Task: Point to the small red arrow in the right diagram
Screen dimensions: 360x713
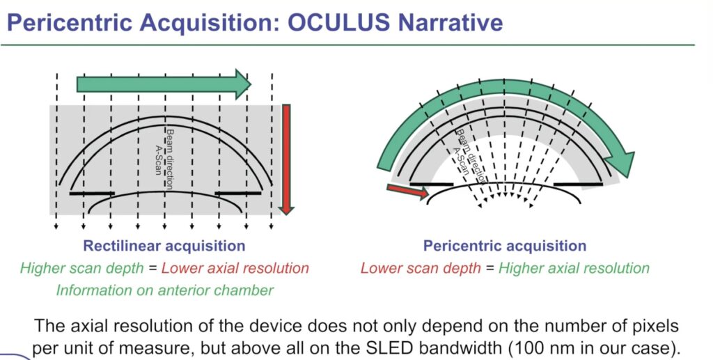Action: [407, 191]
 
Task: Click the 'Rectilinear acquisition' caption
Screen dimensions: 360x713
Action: [164, 246]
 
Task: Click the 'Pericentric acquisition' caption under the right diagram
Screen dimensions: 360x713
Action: [505, 246]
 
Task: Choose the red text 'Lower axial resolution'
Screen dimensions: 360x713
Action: [235, 268]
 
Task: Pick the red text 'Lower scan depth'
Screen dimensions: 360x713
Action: [421, 268]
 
